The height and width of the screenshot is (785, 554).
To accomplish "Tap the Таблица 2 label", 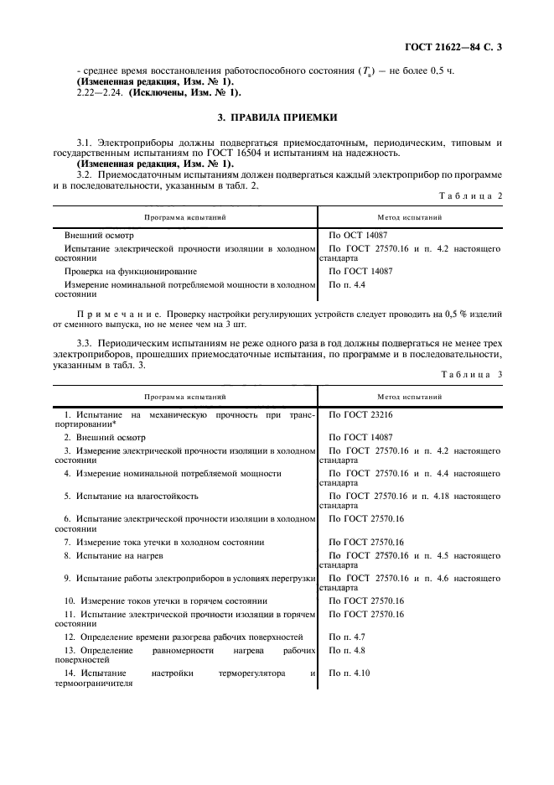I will coord(472,195).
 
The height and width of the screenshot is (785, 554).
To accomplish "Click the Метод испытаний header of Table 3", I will coord(410,394).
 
